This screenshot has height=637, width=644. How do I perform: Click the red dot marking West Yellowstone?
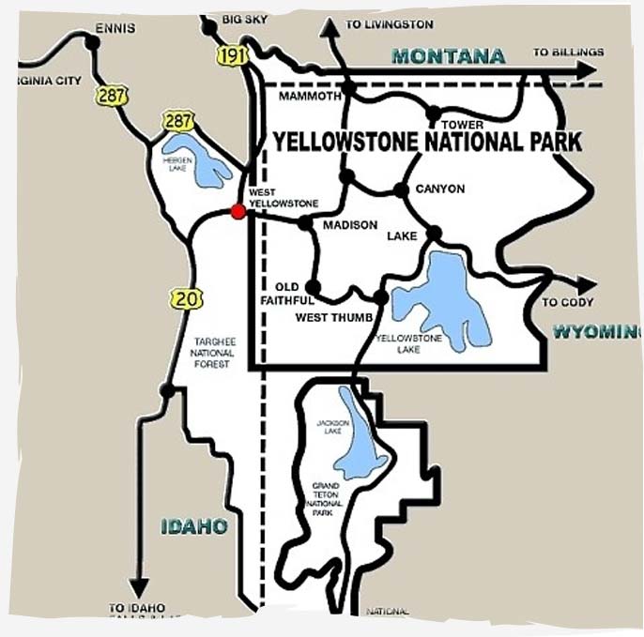click(x=238, y=212)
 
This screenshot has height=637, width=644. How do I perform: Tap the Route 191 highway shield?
click(x=230, y=55)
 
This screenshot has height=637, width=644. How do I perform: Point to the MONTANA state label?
click(x=448, y=56)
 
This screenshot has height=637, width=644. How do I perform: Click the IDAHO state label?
click(x=192, y=526)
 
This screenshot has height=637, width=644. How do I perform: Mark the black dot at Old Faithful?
click(x=314, y=287)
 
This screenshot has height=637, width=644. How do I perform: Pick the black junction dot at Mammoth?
click(x=348, y=87)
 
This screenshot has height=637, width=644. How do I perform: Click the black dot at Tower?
click(x=434, y=114)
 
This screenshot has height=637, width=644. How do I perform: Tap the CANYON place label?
click(x=439, y=189)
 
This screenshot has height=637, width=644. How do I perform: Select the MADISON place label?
click(x=349, y=225)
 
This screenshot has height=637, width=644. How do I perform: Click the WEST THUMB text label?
click(x=326, y=317)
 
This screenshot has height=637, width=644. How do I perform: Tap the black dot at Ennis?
click(x=92, y=41)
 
